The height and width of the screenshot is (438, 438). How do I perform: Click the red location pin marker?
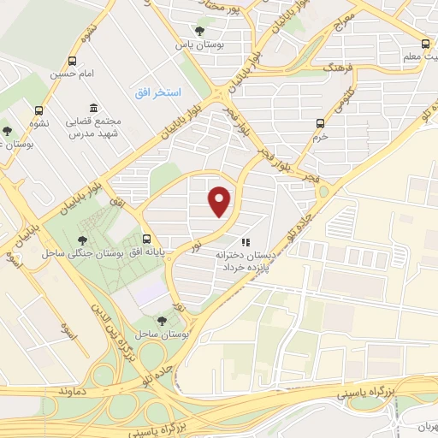(221, 202)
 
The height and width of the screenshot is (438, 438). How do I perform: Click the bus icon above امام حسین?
(73, 61)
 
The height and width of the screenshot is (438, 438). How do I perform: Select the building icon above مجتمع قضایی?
(92, 109)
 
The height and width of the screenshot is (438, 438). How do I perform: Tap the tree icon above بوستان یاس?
(199, 32)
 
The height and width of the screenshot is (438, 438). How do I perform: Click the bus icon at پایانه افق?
(147, 239)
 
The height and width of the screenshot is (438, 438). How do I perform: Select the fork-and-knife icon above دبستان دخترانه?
(246, 242)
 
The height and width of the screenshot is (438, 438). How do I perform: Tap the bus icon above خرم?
(321, 122)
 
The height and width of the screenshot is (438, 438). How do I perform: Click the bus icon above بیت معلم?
(425, 44)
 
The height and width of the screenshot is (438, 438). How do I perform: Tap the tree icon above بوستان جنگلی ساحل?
(82, 240)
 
